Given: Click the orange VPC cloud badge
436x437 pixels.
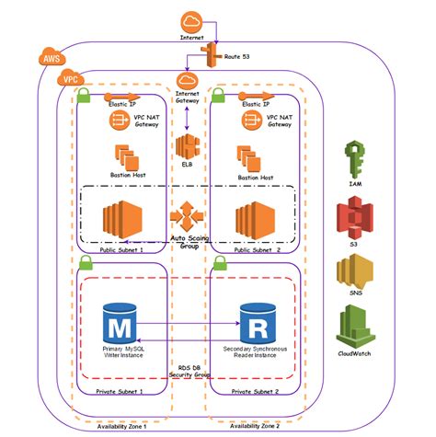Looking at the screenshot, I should tap(70, 80).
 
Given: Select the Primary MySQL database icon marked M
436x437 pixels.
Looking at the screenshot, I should tap(120, 325).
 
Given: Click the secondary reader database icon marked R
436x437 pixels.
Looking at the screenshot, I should tap(255, 325).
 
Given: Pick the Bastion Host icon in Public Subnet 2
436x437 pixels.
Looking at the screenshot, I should tap(249, 156).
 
